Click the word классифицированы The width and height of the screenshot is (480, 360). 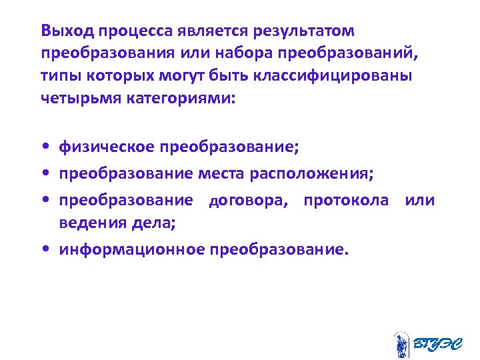pos(333,75)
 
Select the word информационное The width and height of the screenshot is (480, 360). pos(131,250)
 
